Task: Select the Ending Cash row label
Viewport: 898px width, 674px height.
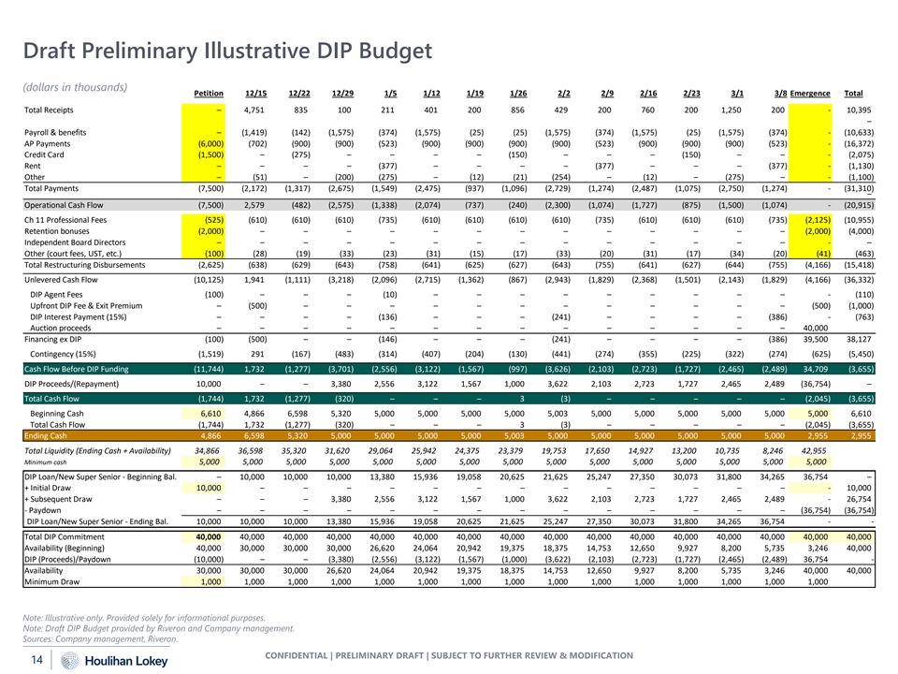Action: [x=46, y=435]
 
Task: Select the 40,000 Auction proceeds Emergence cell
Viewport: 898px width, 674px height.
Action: [x=816, y=329]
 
